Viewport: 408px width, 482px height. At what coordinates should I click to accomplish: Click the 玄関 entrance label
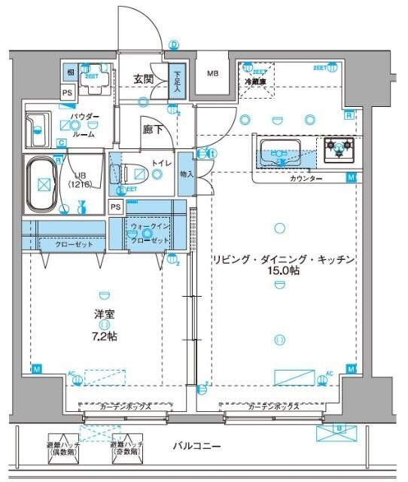click(x=143, y=78)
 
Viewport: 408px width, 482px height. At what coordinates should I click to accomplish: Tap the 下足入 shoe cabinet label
click(x=176, y=82)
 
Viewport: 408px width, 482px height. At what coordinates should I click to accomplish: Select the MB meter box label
click(x=214, y=73)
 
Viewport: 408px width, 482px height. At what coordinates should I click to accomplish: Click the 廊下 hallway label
click(x=153, y=129)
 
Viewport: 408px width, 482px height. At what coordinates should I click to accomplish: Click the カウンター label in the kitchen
click(x=306, y=178)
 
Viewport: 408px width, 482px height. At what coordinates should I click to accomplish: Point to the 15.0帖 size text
click(x=282, y=270)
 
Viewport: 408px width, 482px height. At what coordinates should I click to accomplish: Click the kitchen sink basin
click(x=280, y=151)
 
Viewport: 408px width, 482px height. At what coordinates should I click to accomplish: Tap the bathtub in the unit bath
click(x=43, y=183)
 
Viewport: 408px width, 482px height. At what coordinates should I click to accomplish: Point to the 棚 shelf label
click(x=69, y=72)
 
